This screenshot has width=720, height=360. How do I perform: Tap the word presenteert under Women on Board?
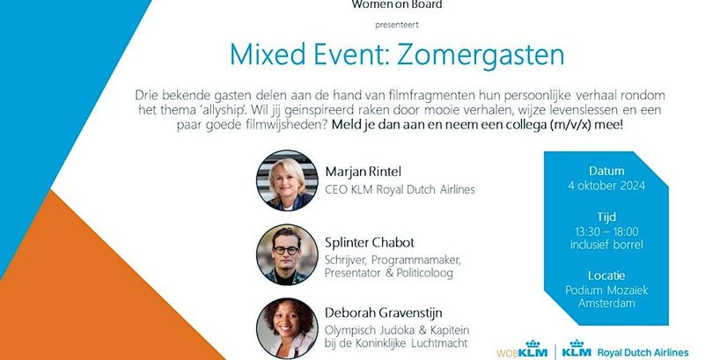(x=398, y=23)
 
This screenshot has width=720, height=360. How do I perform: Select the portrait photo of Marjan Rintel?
(x=286, y=180)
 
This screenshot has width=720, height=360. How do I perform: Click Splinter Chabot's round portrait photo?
(x=286, y=254)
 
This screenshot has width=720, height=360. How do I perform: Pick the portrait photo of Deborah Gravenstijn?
(x=286, y=328)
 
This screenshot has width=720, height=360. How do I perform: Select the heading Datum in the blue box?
(x=606, y=170)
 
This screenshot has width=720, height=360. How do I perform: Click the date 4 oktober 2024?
(x=606, y=185)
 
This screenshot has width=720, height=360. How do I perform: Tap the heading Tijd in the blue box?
(x=606, y=216)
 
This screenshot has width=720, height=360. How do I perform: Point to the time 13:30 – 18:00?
(x=606, y=231)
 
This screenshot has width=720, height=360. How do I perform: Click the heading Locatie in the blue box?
(x=606, y=275)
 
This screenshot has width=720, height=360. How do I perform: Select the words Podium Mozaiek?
(x=606, y=290)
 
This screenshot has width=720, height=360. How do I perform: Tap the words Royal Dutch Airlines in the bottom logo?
(x=642, y=351)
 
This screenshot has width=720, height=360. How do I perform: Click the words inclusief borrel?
(x=606, y=245)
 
